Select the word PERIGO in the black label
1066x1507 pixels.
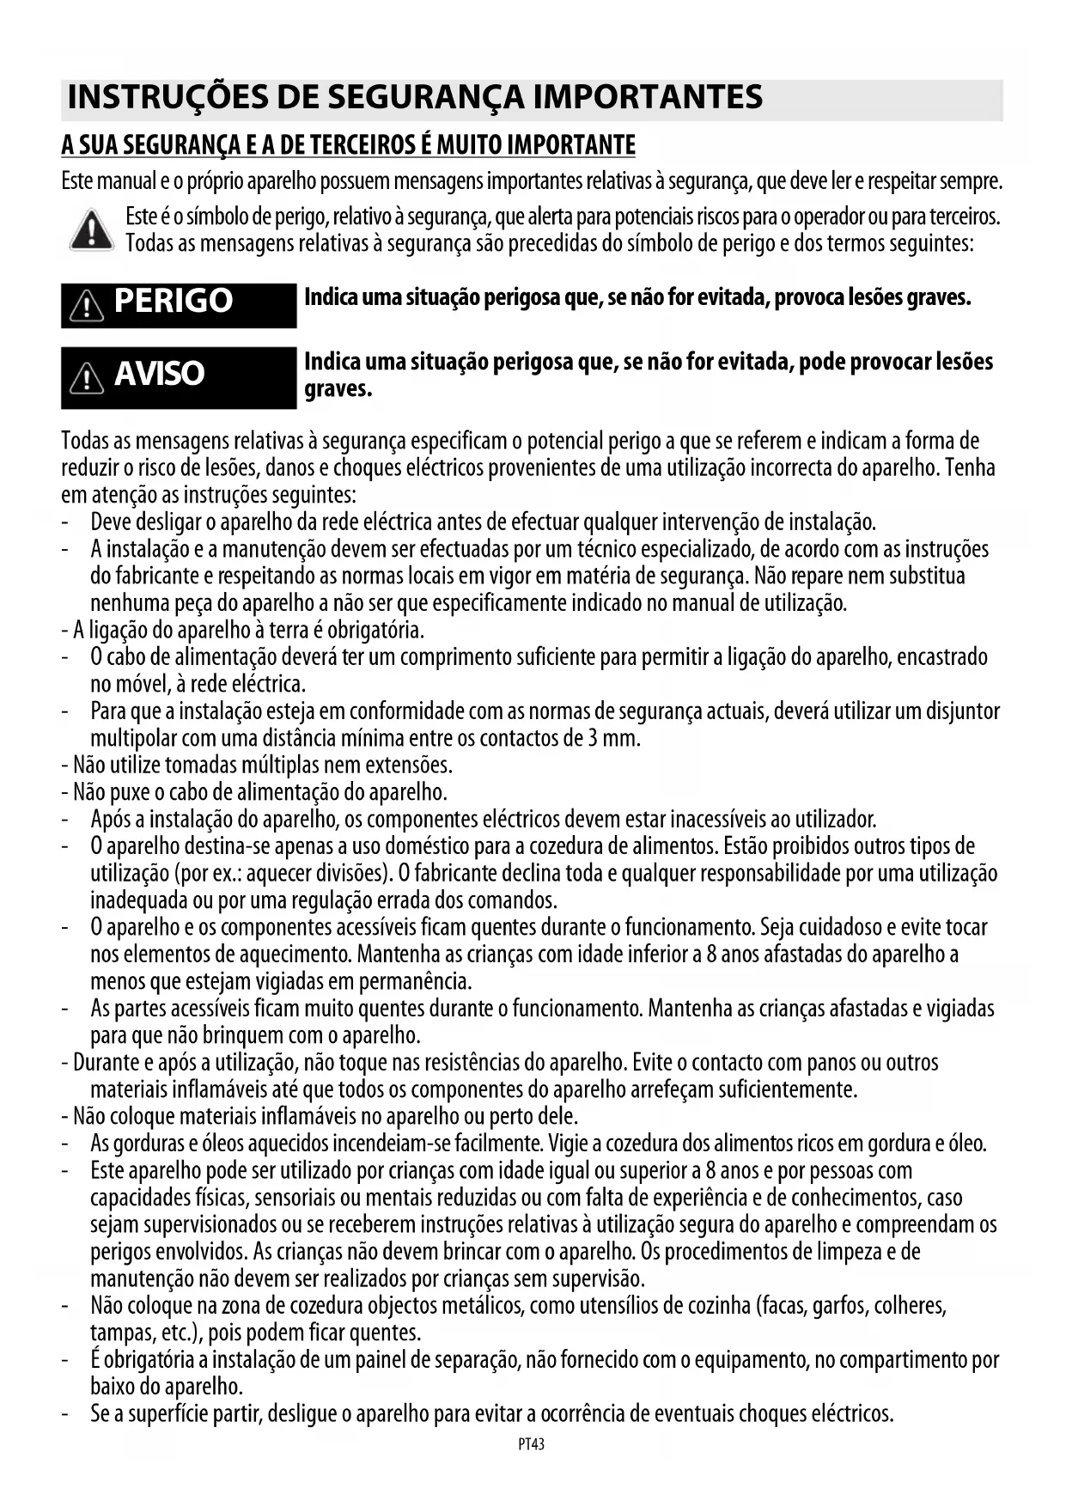point(173,302)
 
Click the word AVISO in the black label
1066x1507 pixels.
point(159,375)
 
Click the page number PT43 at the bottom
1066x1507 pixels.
point(532,1444)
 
